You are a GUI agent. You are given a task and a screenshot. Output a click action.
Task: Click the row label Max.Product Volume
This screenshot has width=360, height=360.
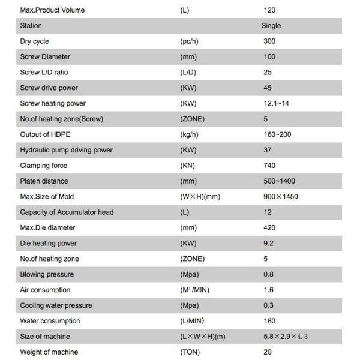52,10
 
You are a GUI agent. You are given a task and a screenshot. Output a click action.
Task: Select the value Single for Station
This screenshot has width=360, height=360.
271,26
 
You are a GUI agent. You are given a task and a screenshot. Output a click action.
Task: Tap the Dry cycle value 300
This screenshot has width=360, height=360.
270,41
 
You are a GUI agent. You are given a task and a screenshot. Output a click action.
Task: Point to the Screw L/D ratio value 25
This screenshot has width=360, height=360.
268,73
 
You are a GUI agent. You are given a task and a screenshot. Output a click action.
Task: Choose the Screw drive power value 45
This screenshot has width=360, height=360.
268,88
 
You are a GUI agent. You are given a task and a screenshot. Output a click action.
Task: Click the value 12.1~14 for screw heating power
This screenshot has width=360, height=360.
277,104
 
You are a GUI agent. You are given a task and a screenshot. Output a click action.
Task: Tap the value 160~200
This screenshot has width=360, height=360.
277,134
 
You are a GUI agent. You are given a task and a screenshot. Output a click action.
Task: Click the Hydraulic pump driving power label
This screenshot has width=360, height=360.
66,150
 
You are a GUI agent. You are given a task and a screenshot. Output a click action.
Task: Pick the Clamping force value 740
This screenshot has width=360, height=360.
270,166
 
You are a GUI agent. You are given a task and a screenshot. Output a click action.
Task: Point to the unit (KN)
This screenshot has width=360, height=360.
188,166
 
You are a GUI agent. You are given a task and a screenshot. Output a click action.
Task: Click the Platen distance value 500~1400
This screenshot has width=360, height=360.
280,181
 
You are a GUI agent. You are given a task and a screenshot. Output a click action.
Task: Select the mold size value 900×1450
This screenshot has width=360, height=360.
281,197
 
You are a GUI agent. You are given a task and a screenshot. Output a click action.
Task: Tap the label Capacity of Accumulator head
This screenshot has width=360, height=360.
67,212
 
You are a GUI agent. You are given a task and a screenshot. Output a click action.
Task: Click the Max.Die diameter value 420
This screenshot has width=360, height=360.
270,228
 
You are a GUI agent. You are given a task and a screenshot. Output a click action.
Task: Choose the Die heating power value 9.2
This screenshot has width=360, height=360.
269,244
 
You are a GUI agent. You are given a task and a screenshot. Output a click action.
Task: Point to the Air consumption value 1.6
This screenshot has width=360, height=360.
269,290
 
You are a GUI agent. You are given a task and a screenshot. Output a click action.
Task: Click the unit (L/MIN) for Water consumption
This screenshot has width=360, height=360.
192,321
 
